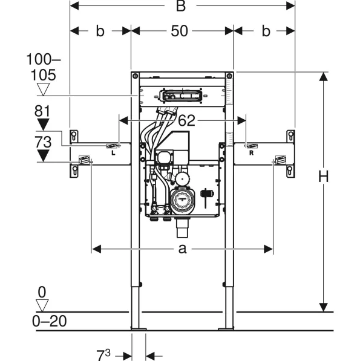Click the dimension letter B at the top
(x=181, y=6)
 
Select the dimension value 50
(x=179, y=31)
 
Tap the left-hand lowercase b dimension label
(x=100, y=31)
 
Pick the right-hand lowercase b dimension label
(x=266, y=31)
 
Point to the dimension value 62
(x=186, y=120)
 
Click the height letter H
(x=323, y=177)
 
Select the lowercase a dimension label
(x=182, y=249)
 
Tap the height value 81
(x=42, y=111)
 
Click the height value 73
(x=43, y=142)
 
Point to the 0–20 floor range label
(x=49, y=321)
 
